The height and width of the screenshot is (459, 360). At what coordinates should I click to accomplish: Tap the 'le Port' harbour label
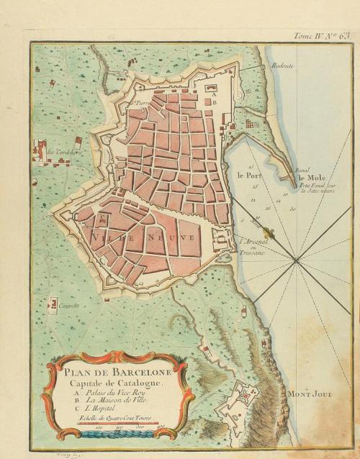pos(246,175)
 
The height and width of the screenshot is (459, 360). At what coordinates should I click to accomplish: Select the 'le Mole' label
pos(310,177)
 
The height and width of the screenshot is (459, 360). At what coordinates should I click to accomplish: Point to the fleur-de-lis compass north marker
pos(268,232)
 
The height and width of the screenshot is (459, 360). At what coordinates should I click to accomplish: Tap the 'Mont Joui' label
pos(309,395)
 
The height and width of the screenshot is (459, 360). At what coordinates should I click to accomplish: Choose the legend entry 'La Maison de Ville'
pos(116,403)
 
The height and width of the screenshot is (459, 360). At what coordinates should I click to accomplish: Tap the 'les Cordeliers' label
pos(63,152)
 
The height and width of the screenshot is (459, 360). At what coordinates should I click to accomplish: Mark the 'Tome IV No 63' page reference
pos(323,35)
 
